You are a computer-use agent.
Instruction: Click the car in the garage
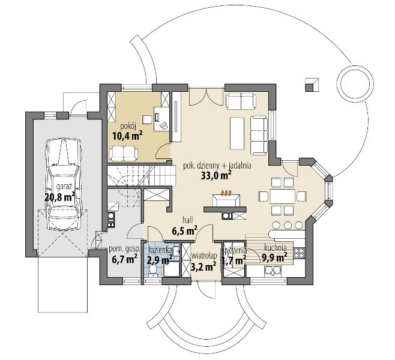point(64,184)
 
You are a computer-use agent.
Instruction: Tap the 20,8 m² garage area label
point(59,197)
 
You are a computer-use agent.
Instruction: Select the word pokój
point(127,127)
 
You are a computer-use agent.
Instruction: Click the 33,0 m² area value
point(216,175)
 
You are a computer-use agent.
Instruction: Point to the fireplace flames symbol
point(226,193)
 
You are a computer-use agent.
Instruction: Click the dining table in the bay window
point(282,196)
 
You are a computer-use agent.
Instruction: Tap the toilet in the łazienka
point(152,271)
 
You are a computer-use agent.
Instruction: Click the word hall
point(188,220)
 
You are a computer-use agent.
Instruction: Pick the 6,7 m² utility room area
point(124,259)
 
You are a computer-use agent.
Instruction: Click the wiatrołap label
point(204,256)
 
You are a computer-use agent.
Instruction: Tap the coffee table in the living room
point(237,133)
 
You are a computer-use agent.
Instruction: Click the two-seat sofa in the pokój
point(124,154)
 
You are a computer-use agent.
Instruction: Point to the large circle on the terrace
point(355,82)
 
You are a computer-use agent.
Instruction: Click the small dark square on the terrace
point(309,88)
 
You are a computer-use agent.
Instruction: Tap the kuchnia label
point(275,248)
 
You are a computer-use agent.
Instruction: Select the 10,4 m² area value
point(127,136)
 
